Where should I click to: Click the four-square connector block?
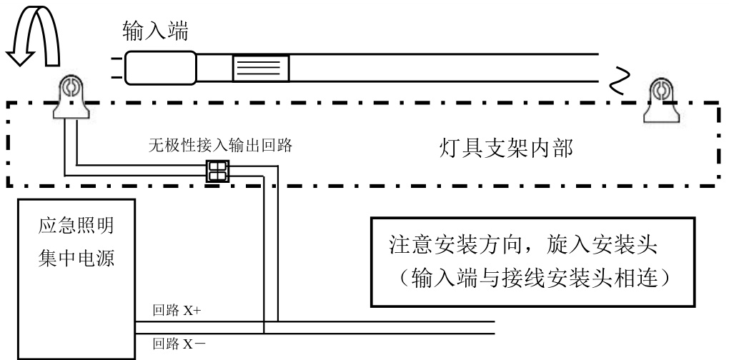[x=216, y=171]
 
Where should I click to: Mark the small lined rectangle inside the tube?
[x=260, y=69]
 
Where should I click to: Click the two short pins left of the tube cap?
[x=115, y=69]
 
